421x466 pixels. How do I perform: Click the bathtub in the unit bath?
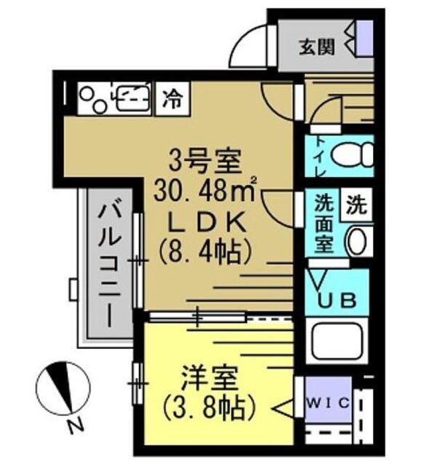pos(338,341)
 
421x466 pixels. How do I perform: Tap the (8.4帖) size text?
pos(205,250)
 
